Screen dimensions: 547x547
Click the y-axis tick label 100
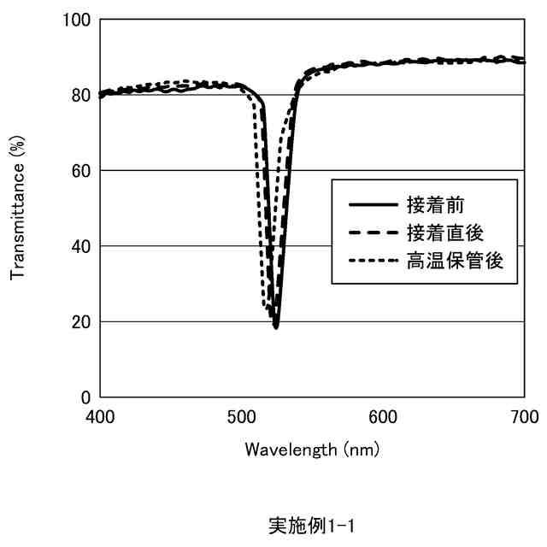pos(77,19)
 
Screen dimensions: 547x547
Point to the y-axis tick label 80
pos(81,95)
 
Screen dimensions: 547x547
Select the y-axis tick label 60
pos(81,170)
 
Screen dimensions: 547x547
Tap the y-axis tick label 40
pos(81,246)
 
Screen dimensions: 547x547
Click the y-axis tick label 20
pos(81,322)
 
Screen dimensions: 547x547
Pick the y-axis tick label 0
pos(85,397)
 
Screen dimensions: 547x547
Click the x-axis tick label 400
pos(100,416)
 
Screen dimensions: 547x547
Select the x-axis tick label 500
pos(242,416)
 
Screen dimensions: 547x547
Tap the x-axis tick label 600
pos(383,416)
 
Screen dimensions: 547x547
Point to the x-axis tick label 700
pos(524,416)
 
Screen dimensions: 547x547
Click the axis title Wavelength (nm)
pos(312,449)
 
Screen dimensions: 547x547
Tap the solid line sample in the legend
pos(373,205)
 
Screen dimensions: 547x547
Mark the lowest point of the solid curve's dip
pos(276,326)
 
